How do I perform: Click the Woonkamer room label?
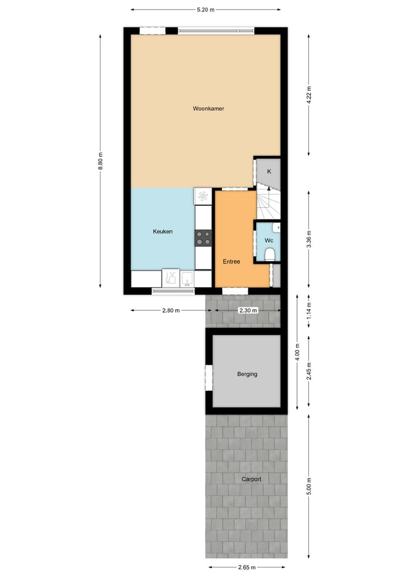(204, 108)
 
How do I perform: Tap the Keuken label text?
(162, 231)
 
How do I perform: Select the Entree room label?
(231, 262)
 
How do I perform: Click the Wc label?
(269, 240)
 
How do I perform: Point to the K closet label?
(269, 171)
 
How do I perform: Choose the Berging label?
(247, 374)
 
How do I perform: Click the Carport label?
(251, 479)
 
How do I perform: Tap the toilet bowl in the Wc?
(270, 254)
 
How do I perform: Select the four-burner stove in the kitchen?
(203, 238)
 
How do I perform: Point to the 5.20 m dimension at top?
(205, 10)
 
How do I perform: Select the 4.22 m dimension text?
(309, 94)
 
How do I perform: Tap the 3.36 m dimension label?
(309, 238)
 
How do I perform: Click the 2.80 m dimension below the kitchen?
(170, 310)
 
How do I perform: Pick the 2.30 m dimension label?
(247, 310)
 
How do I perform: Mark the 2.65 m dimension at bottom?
(247, 567)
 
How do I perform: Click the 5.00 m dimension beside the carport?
(309, 486)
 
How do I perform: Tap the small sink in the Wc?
(276, 228)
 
